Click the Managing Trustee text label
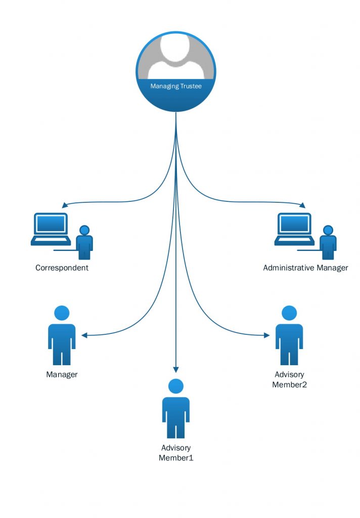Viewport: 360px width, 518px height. click(176, 87)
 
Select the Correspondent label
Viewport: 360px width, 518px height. click(62, 268)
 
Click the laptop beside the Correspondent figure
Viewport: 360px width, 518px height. click(51, 229)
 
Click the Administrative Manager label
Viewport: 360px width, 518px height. click(305, 268)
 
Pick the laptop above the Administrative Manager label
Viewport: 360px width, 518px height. click(294, 229)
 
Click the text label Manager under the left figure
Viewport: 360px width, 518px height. click(62, 375)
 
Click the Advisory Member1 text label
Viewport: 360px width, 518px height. click(176, 453)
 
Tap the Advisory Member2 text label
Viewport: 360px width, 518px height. click(289, 379)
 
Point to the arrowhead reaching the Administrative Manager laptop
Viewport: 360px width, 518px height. click(302, 205)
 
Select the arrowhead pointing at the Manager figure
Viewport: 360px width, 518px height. click(84, 335)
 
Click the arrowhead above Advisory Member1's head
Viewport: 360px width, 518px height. click(175, 369)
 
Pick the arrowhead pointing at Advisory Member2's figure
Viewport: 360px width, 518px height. click(266, 335)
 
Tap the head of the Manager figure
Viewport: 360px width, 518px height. click(62, 313)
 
